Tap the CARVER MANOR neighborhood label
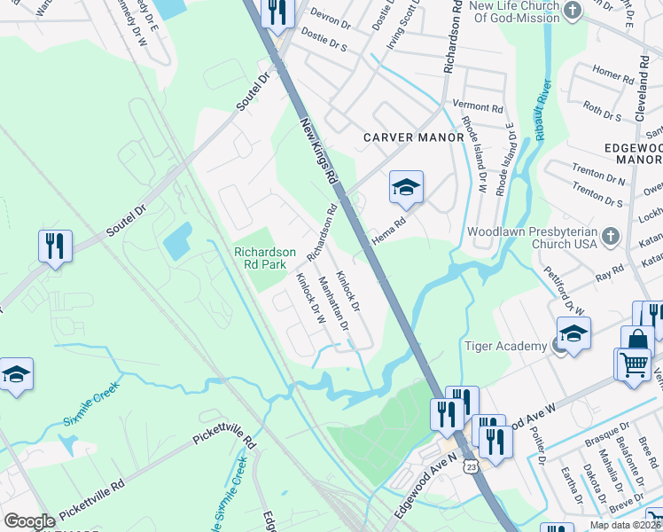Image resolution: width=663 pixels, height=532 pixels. [414, 137]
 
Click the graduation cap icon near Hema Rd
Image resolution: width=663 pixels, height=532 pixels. [406, 186]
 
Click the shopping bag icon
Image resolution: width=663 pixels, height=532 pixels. [638, 340]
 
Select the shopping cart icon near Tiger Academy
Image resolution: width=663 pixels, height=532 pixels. [633, 364]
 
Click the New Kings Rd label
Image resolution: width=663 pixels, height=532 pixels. [320, 152]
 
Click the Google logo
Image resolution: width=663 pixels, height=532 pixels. [30, 521]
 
